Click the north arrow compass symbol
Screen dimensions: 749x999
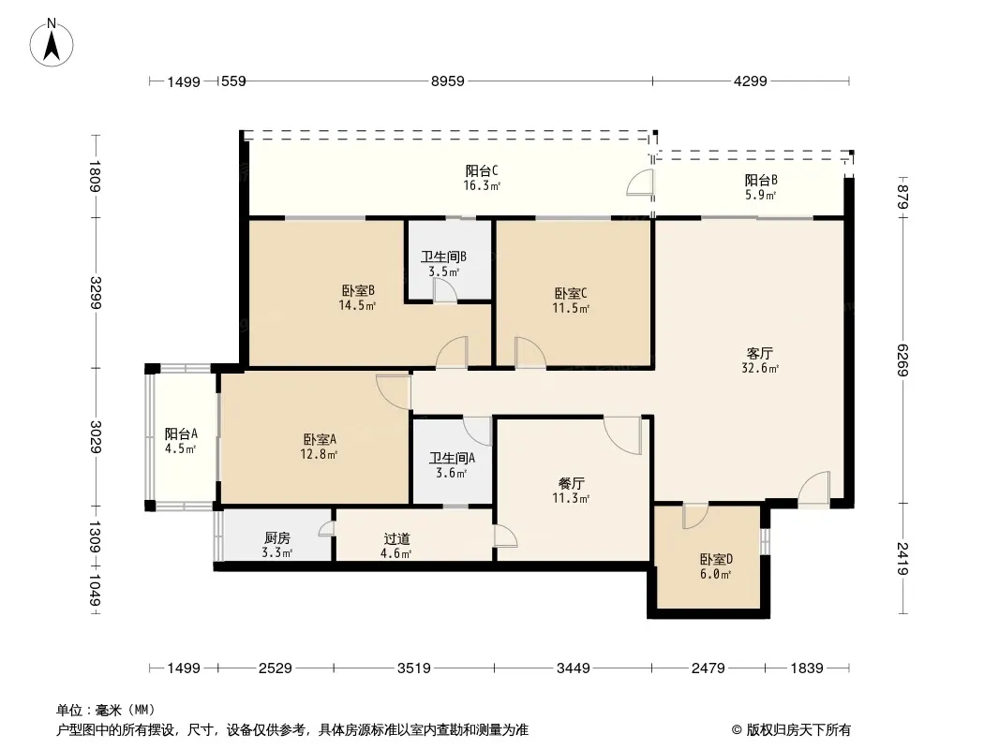click(54, 41)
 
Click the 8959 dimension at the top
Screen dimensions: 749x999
click(448, 81)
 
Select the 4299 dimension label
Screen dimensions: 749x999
click(750, 81)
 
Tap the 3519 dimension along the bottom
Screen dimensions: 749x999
click(412, 668)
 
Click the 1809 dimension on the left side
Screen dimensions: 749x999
click(95, 176)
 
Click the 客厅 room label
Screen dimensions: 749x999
click(759, 354)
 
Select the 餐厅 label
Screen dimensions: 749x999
click(572, 484)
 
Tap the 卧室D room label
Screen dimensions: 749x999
click(715, 560)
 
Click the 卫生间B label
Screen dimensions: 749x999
click(443, 257)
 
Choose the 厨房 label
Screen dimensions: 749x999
click(276, 538)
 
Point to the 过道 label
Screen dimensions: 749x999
click(396, 539)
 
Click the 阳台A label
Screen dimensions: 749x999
click(180, 433)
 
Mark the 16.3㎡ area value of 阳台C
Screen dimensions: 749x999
click(482, 185)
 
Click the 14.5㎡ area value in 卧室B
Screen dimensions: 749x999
click(358, 305)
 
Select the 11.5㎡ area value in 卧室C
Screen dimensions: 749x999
click(572, 308)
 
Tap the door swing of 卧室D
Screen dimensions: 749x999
click(695, 516)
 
